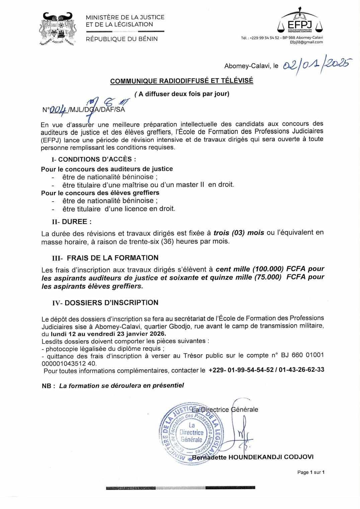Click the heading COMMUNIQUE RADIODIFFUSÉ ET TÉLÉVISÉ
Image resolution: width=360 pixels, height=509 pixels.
[182, 81]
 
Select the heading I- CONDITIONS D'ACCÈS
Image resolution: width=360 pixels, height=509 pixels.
[94, 159]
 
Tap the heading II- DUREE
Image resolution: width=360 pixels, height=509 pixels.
[72, 222]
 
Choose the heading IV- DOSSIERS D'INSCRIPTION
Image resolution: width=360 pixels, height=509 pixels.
[105, 303]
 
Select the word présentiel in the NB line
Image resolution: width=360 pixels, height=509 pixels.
[168, 385]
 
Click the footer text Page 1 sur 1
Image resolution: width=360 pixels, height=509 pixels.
[311, 472]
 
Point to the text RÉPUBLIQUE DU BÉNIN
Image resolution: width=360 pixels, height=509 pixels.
[122, 39]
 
